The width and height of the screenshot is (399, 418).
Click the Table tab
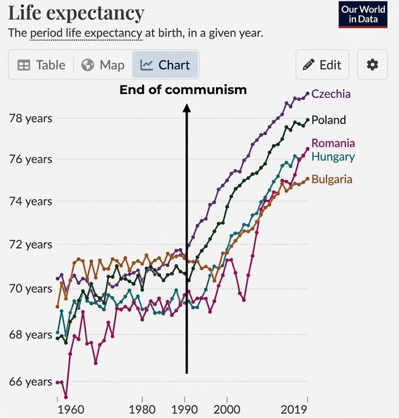[41, 65]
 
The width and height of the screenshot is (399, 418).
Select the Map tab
[103, 65]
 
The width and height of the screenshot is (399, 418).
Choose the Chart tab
[165, 65]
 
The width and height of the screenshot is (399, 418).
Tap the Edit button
[322, 65]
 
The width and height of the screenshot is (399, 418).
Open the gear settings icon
[373, 65]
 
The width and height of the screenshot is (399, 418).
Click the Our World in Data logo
[363, 14]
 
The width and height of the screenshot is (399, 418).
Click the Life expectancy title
[76, 13]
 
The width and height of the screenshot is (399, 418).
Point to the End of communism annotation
[183, 90]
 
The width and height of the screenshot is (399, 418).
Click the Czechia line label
[331, 94]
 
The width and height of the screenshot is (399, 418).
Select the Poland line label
[329, 120]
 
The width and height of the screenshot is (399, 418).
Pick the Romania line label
[333, 143]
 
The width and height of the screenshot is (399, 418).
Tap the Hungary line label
[333, 157]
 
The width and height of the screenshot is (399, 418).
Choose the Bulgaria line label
[332, 179]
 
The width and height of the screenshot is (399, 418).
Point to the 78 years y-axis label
[31, 119]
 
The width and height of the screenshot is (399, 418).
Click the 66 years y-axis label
[31, 382]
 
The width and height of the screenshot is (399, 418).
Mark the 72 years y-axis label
[31, 245]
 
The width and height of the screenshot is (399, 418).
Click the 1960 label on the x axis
[71, 409]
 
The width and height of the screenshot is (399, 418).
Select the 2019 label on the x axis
[294, 409]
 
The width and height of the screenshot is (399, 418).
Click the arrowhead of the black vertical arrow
[187, 108]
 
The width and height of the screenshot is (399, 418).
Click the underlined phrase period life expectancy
[86, 33]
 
